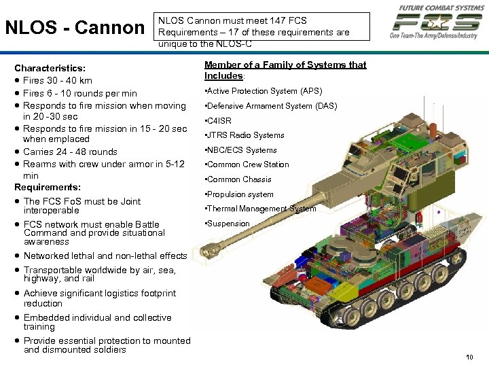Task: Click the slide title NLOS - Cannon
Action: click(74, 29)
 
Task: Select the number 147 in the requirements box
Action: click(274, 21)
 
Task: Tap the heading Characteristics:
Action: click(50, 69)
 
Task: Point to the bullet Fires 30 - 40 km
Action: click(57, 81)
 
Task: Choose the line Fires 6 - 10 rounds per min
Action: click(79, 93)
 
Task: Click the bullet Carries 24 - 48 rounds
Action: click(70, 152)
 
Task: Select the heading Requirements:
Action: click(48, 187)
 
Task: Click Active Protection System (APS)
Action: click(264, 91)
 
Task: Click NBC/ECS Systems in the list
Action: click(242, 150)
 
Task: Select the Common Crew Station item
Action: click(248, 164)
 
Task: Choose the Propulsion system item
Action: click(240, 194)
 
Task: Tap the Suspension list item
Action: click(228, 224)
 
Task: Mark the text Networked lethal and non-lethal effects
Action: click(105, 256)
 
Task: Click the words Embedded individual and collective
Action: click(97, 318)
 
